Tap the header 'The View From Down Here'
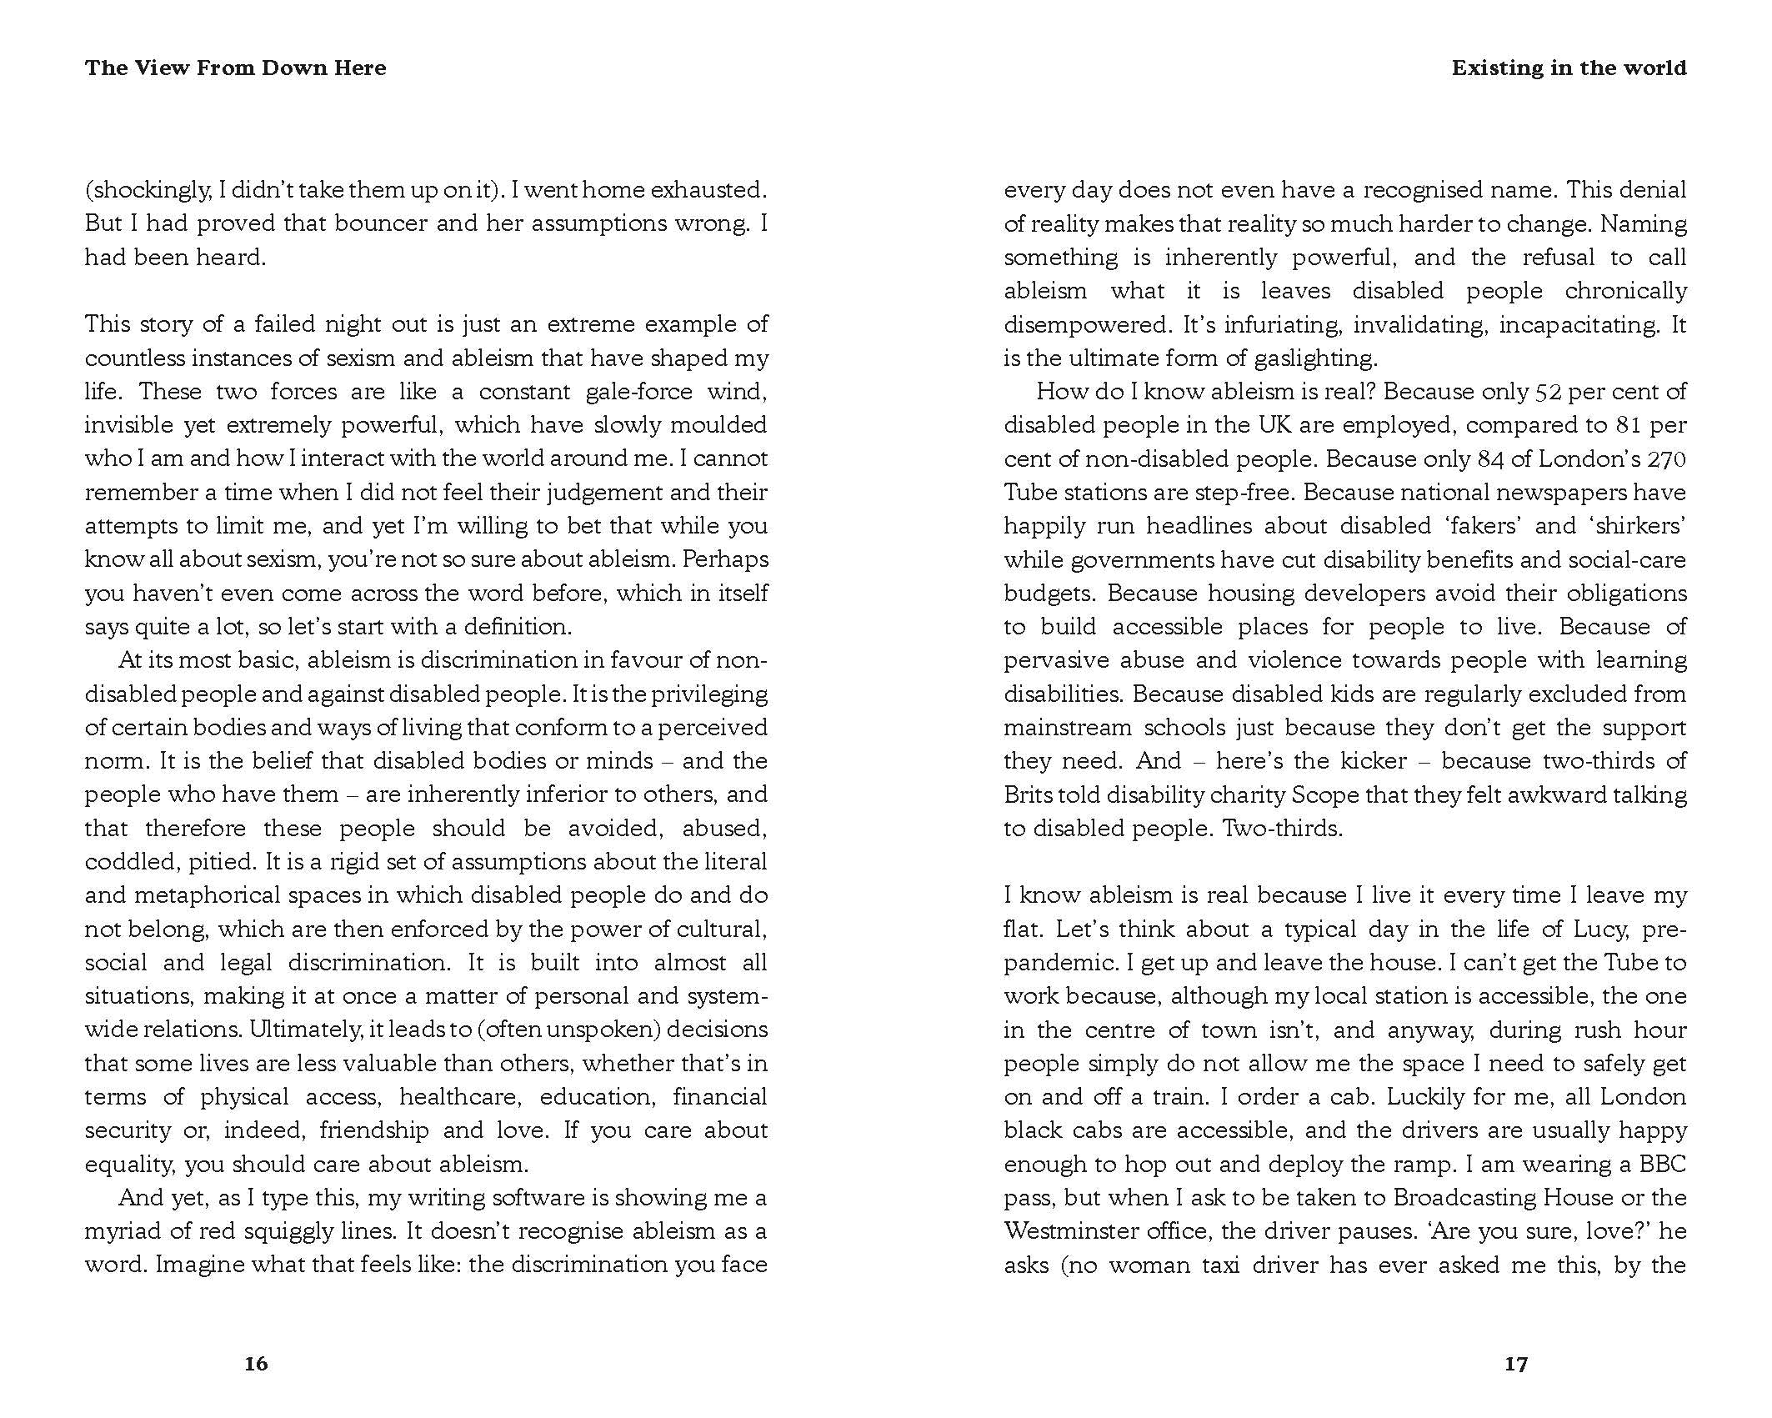point(235,68)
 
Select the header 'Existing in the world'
point(1569,68)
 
